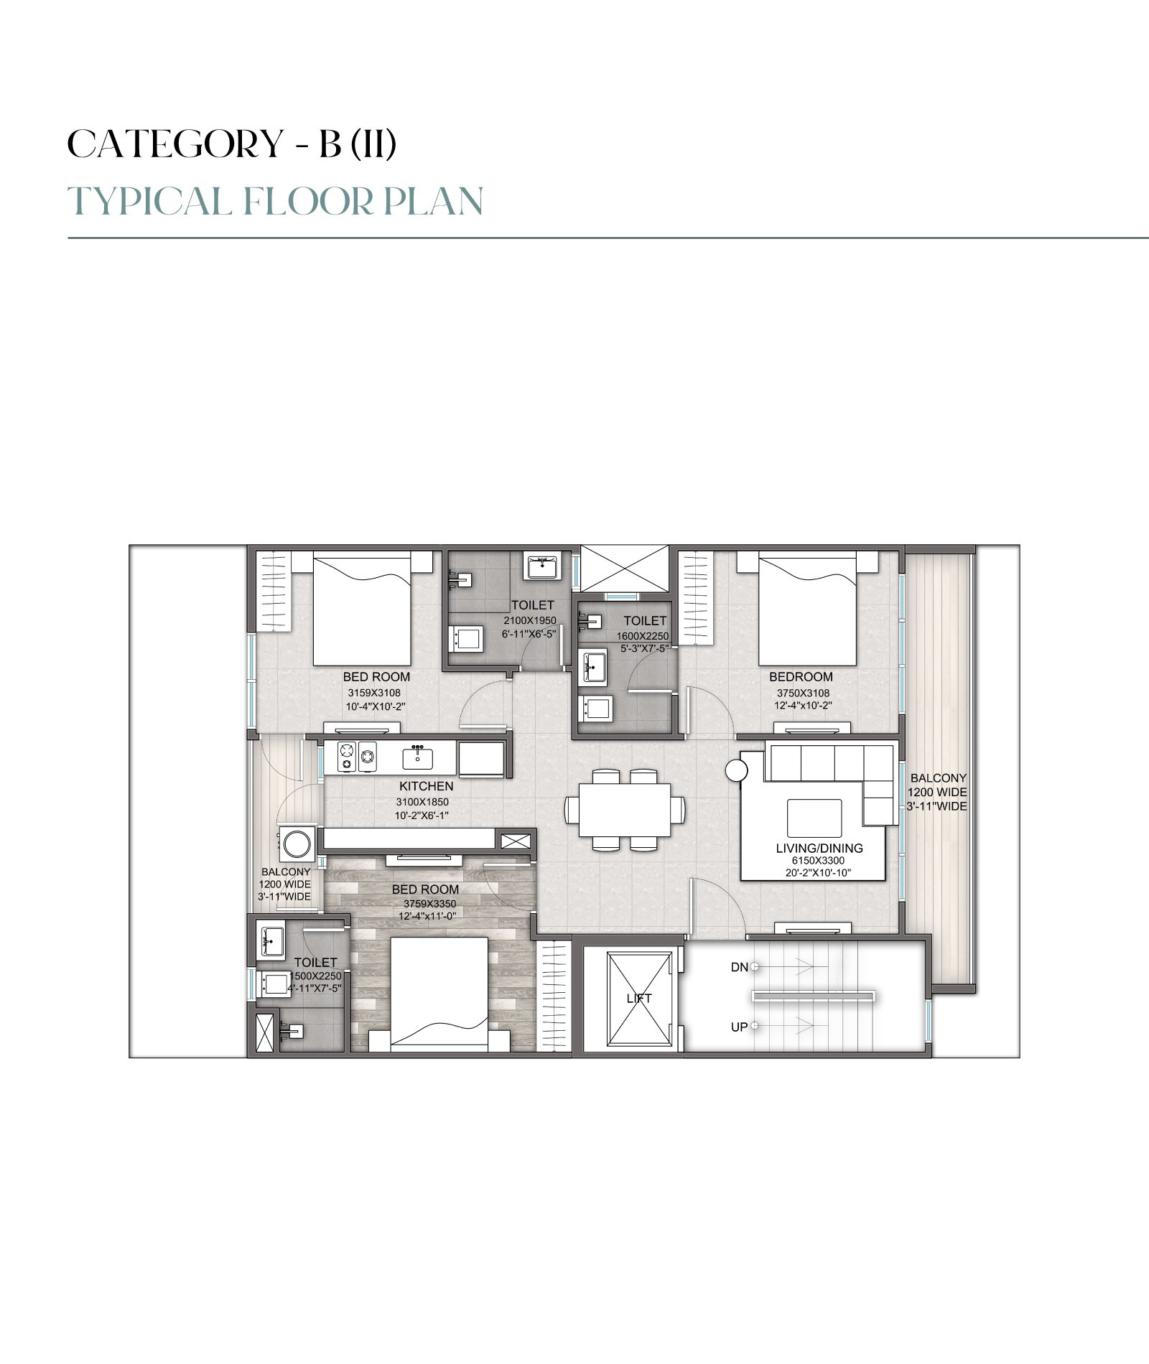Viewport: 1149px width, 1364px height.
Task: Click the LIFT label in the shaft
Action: click(639, 998)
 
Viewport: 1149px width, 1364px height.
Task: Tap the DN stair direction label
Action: click(739, 967)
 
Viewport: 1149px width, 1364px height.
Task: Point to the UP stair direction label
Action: click(739, 1027)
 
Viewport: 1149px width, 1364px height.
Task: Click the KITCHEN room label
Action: click(427, 786)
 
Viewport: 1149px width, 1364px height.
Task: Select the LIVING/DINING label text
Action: click(819, 848)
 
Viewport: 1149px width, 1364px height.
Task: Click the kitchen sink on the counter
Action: click(417, 757)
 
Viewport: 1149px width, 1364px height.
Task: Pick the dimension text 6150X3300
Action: click(818, 861)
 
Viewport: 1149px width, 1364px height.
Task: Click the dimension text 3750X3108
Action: click(803, 693)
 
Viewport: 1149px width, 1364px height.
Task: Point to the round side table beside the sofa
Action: click(736, 771)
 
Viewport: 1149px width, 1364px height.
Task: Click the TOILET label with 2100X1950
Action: click(532, 605)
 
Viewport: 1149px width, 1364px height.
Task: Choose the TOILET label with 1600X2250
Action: click(645, 620)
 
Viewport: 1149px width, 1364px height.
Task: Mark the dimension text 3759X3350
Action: click(429, 904)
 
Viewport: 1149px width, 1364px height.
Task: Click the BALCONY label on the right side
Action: click(938, 777)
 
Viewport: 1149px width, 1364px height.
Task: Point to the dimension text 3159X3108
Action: click(374, 693)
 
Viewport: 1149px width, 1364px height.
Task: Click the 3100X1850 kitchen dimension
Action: click(422, 802)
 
